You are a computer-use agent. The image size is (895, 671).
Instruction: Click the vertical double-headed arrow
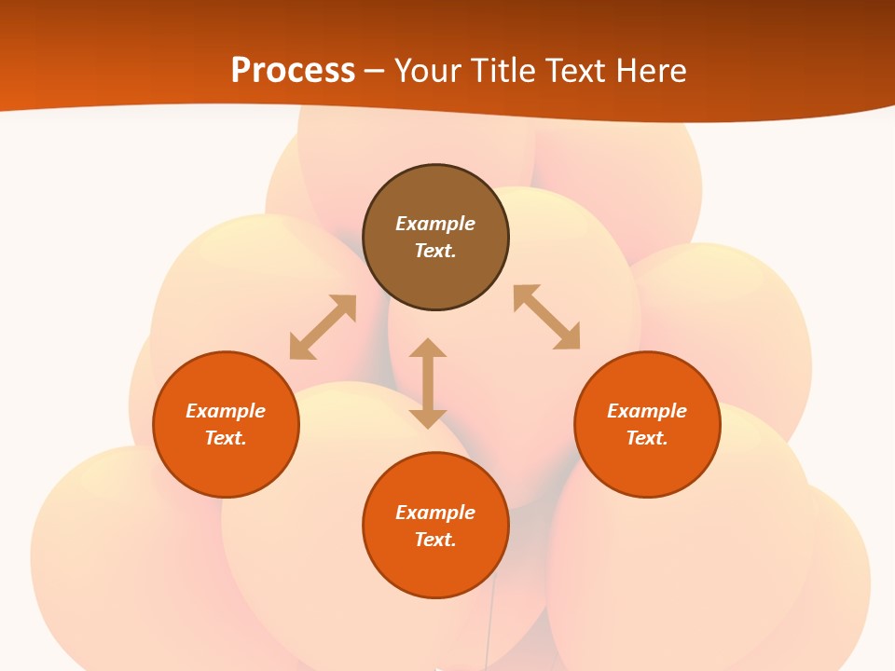(x=428, y=383)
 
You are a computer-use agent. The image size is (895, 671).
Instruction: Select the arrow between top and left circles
(x=323, y=327)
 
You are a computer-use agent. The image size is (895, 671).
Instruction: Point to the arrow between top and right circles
(x=546, y=317)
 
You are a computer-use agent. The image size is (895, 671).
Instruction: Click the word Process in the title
(x=293, y=70)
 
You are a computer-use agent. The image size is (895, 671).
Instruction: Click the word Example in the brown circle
(x=435, y=224)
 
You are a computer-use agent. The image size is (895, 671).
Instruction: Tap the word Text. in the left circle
(x=226, y=438)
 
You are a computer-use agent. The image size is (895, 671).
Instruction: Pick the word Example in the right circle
(x=647, y=411)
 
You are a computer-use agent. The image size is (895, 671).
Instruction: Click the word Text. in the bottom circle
(x=435, y=540)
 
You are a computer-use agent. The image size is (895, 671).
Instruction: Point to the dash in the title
(x=374, y=71)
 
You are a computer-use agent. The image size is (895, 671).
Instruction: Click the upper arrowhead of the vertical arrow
(x=428, y=348)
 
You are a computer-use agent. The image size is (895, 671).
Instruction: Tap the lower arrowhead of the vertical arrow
(x=428, y=418)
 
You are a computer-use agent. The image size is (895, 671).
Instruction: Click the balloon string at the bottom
(x=487, y=634)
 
